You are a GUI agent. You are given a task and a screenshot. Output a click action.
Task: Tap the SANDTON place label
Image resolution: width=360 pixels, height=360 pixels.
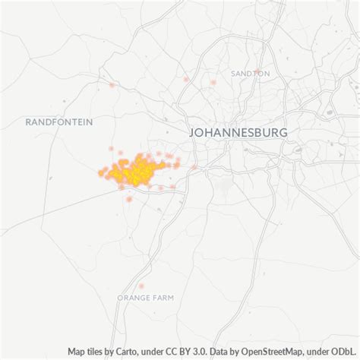coord(251,74)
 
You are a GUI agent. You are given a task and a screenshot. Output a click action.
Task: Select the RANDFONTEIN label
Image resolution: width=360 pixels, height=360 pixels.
coord(58,122)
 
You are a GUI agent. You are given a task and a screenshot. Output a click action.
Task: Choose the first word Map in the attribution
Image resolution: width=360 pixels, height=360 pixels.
coord(77,352)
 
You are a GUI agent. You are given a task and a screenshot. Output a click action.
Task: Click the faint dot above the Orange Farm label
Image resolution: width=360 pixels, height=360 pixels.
coord(142,286)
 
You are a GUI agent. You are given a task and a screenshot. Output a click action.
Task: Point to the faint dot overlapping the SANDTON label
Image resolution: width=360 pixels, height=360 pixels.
coord(213,82)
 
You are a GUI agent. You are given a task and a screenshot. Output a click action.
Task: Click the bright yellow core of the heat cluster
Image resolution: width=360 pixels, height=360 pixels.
coord(134,172)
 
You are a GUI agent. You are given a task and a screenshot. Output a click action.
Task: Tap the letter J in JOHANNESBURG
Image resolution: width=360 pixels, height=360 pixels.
coord(191,133)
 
